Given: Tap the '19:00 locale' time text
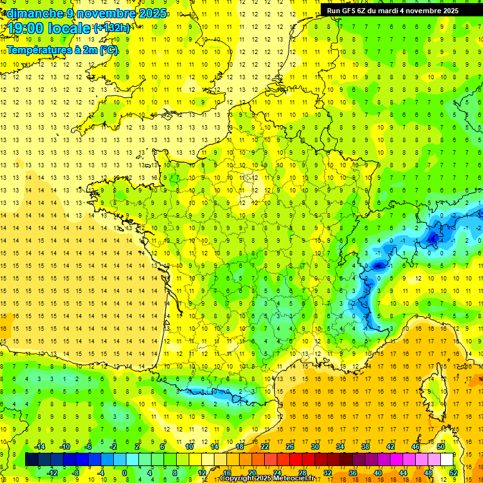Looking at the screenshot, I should pyautogui.click(x=47, y=28).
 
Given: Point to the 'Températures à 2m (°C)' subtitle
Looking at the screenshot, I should pyautogui.click(x=62, y=50).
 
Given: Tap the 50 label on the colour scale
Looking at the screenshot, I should pyautogui.click(x=440, y=447).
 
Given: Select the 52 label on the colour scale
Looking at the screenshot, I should pyautogui.click(x=453, y=472).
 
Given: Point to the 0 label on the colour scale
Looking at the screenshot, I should pyautogui.click(x=124, y=472).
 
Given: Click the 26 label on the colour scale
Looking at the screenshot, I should pyautogui.click(x=289, y=447).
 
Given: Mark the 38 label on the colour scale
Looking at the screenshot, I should pyautogui.click(x=365, y=447).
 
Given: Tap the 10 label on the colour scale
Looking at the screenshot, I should pyautogui.click(x=189, y=447).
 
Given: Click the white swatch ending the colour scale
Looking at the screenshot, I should pyautogui.click(x=447, y=460).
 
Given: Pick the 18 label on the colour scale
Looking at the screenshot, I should pyautogui.click(x=240, y=447).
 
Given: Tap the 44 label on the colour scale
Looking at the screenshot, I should pyautogui.click(x=403, y=472).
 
